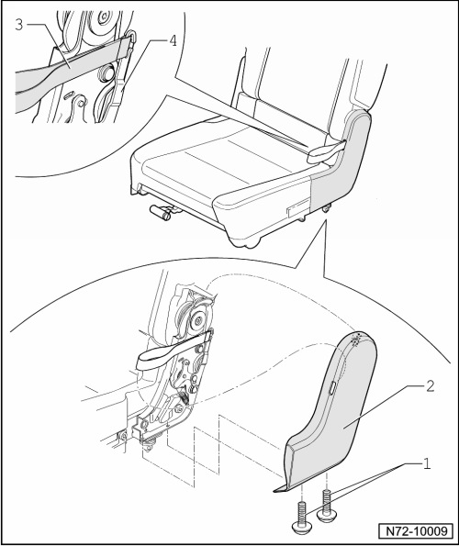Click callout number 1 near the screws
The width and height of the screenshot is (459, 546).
click(x=426, y=463)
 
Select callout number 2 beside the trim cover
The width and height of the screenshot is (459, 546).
click(x=431, y=386)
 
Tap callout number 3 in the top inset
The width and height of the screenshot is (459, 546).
click(x=19, y=25)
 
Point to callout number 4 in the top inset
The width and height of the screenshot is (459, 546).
click(x=174, y=40)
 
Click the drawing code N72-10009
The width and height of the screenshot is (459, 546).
click(x=416, y=531)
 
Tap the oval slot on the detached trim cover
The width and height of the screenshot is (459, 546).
click(x=332, y=387)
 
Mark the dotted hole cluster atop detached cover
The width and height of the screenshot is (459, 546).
click(x=356, y=340)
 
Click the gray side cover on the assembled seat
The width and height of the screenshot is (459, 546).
click(x=341, y=161)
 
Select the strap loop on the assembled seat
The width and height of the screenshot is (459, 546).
click(x=326, y=151)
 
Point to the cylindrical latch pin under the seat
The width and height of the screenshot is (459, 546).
click(x=161, y=212)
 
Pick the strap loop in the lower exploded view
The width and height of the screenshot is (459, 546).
click(x=174, y=351)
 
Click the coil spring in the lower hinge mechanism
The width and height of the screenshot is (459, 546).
click(x=185, y=397)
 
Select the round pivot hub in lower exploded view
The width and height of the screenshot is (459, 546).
click(x=197, y=318)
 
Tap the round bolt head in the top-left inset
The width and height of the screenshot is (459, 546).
click(x=104, y=73)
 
